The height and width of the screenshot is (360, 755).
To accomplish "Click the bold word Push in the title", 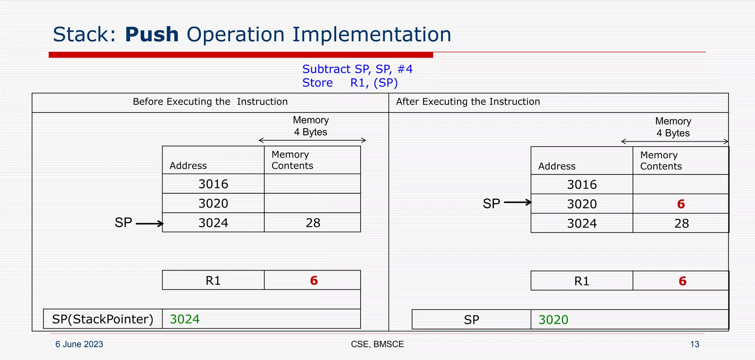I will click(152, 35).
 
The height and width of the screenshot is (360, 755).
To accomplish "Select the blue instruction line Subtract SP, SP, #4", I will click(357, 69).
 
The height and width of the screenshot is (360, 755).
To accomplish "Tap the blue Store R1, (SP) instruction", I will click(350, 83).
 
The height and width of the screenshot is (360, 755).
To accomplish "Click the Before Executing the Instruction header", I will click(210, 102).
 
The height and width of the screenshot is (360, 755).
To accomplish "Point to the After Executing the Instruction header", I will click(468, 102).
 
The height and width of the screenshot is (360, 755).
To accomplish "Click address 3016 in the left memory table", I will click(213, 184).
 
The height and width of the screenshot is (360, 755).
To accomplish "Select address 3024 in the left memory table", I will click(213, 223).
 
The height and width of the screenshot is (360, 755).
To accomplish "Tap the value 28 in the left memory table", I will click(313, 223).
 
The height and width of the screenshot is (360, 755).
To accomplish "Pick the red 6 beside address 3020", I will click(681, 204).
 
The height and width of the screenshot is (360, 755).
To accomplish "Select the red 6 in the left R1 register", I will click(314, 281).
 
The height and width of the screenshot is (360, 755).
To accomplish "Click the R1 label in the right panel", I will click(581, 281).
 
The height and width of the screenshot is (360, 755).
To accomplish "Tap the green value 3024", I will click(185, 319).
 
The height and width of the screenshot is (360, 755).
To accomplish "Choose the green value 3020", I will click(553, 320).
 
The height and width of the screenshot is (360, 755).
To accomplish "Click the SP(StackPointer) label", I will click(102, 319).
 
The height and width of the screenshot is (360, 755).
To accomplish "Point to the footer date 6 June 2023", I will click(79, 344).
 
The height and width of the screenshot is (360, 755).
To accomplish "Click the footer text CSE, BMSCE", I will click(377, 344).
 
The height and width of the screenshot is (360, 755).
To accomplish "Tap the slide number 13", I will click(695, 344).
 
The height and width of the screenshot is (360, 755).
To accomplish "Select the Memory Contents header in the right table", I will click(661, 161).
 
